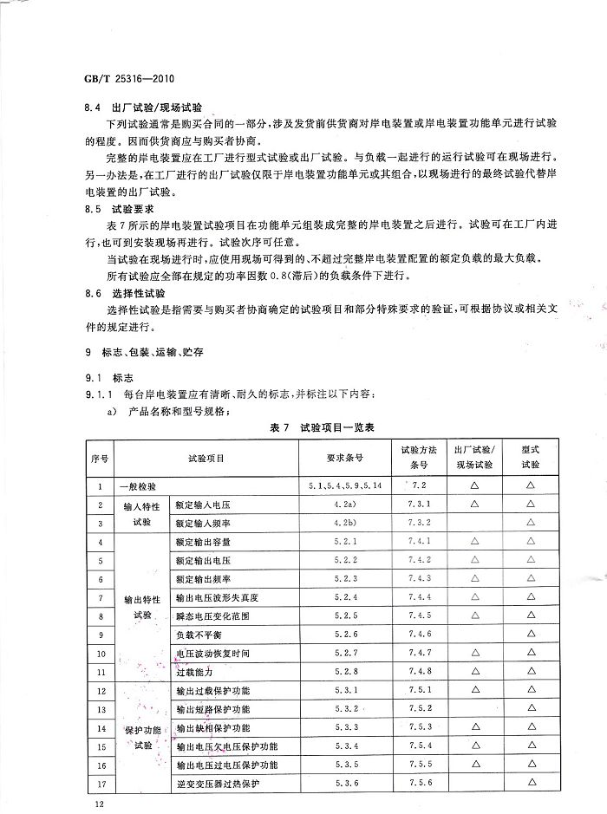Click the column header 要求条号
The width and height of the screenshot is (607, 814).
(344, 457)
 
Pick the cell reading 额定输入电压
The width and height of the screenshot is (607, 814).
(202, 505)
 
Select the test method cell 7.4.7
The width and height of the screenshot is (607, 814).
(419, 653)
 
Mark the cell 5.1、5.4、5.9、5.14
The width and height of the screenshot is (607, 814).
(344, 487)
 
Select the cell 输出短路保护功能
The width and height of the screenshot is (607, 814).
(212, 709)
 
